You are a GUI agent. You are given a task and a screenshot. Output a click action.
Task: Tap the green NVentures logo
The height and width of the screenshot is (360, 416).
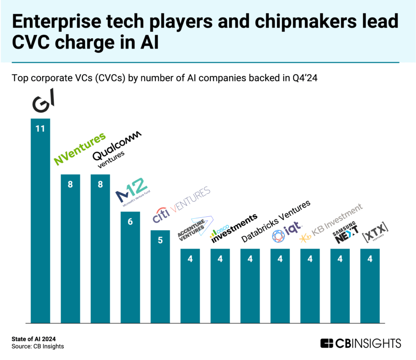tap(79, 149)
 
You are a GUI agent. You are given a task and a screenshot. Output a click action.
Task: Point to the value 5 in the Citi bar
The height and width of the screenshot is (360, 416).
tap(160, 240)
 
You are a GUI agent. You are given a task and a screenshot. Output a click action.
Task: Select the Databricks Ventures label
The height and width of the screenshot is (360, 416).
tap(276, 221)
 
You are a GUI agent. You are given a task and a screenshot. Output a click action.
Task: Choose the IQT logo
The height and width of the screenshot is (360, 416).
tap(287, 234)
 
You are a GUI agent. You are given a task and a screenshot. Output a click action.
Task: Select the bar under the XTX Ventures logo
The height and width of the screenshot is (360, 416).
tap(370, 285)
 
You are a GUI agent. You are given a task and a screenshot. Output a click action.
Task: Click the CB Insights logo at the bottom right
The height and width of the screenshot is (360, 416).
tap(360, 343)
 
